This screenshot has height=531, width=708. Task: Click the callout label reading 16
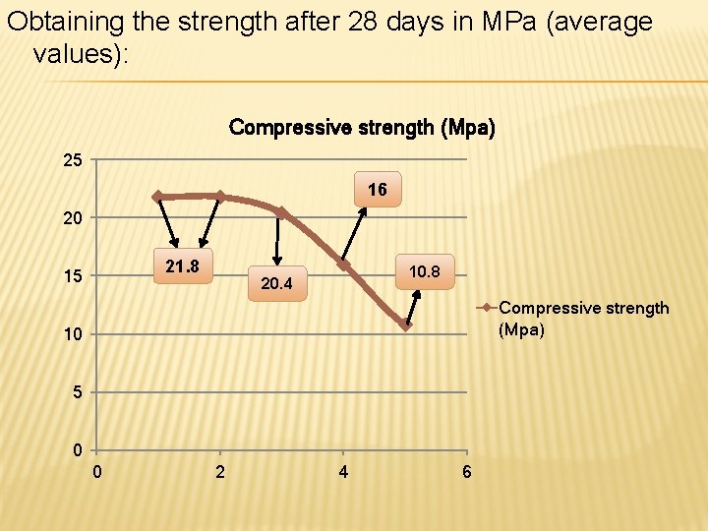(378, 190)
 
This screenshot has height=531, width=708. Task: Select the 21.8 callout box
(182, 266)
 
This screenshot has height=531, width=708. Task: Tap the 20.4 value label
(277, 284)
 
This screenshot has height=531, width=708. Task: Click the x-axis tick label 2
(219, 473)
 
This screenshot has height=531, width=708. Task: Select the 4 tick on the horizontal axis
(343, 473)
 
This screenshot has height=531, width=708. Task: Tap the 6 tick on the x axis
(466, 473)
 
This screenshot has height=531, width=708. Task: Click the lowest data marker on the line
(405, 324)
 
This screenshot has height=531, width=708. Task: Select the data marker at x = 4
(343, 265)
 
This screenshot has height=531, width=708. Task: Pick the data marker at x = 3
(281, 212)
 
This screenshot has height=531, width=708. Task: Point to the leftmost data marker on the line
(157, 197)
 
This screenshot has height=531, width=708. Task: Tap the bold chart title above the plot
(362, 128)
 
